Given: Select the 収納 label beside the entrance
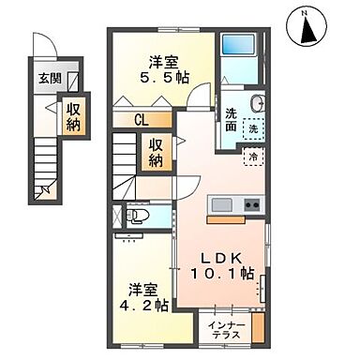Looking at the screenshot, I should (72, 117).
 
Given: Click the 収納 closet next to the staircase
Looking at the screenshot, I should (155, 153).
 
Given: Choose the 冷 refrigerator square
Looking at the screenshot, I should (253, 157).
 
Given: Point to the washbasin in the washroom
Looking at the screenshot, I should (257, 104).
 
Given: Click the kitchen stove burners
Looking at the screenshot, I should (251, 205).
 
